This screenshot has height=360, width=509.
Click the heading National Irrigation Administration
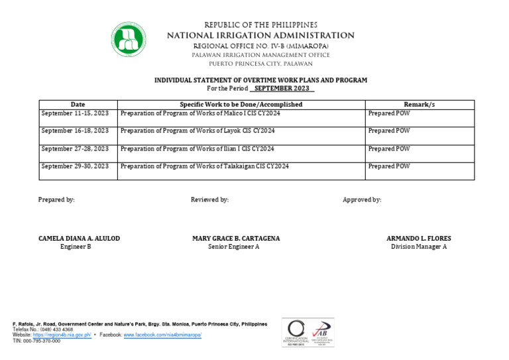click(260, 36)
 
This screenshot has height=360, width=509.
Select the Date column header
click(78, 105)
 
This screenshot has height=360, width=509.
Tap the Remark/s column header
click(420, 105)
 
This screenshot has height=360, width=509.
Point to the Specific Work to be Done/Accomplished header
click(241, 105)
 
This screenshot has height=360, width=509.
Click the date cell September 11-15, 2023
click(75, 113)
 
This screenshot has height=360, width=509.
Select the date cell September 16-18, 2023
click(75, 131)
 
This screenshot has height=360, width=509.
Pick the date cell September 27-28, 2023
click(75, 149)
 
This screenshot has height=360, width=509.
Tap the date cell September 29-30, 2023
click(75, 166)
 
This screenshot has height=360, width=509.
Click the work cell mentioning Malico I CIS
click(200, 113)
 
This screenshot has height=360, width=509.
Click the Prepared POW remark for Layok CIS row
click(389, 131)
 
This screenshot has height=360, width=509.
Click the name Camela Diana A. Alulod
click(80, 239)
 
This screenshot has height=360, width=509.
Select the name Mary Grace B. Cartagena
click(236, 239)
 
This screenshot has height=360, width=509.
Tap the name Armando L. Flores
click(419, 239)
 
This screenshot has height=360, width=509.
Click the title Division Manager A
click(419, 247)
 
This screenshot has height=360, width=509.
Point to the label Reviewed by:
click(209, 200)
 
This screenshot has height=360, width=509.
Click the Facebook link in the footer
click(162, 335)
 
